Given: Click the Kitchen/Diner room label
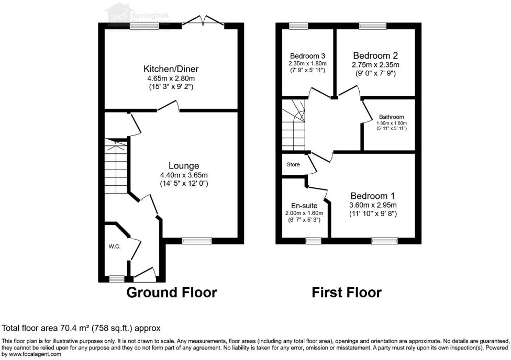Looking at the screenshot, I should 171,69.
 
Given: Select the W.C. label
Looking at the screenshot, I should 115,246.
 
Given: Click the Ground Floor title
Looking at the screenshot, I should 172,292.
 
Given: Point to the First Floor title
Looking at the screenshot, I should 347,292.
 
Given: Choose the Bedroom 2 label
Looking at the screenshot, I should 375,55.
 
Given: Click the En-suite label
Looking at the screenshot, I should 304,206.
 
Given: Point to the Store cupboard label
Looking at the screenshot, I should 293,164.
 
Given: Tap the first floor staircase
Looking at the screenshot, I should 294,125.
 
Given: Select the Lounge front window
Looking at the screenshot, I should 197,241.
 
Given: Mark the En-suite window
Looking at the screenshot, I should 313,241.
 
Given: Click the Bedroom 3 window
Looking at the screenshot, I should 298,25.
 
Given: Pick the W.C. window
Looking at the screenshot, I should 117,279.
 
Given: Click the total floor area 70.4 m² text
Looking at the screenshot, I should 81,328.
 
